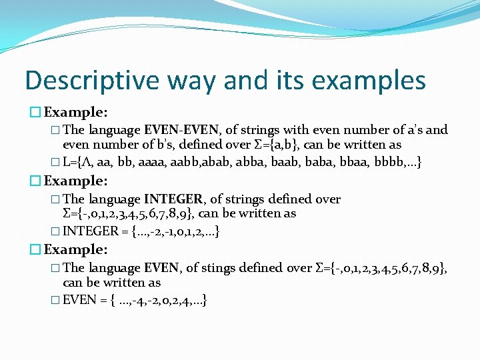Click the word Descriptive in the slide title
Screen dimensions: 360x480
click(x=84, y=81)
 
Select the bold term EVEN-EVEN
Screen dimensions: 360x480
click(x=183, y=130)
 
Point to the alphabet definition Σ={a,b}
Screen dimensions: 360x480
click(x=273, y=145)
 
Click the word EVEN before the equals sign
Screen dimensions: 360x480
click(x=79, y=300)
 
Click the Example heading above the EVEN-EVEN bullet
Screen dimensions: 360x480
click(x=75, y=111)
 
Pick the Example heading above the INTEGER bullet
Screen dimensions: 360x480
click(x=75, y=181)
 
